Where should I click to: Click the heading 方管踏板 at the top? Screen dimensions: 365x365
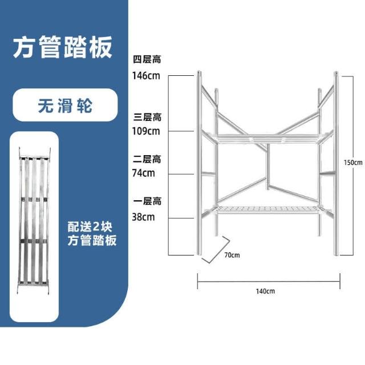click(62, 47)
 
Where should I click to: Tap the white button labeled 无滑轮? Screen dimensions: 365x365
click(64, 106)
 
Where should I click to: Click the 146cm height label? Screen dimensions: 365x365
click(146, 75)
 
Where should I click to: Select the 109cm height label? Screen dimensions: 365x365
click(146, 131)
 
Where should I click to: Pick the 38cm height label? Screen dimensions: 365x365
click(144, 217)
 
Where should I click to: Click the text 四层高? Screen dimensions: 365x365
click(147, 60)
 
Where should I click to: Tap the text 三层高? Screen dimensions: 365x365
click(147, 117)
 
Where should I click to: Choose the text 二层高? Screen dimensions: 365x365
click(147, 159)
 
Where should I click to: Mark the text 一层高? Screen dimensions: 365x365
click(147, 202)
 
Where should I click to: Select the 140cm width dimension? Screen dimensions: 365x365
click(266, 291)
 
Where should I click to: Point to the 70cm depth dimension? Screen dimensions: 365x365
click(231, 254)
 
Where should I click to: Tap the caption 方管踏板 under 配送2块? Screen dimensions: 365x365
click(91, 240)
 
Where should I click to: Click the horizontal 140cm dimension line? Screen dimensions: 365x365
click(268, 280)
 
